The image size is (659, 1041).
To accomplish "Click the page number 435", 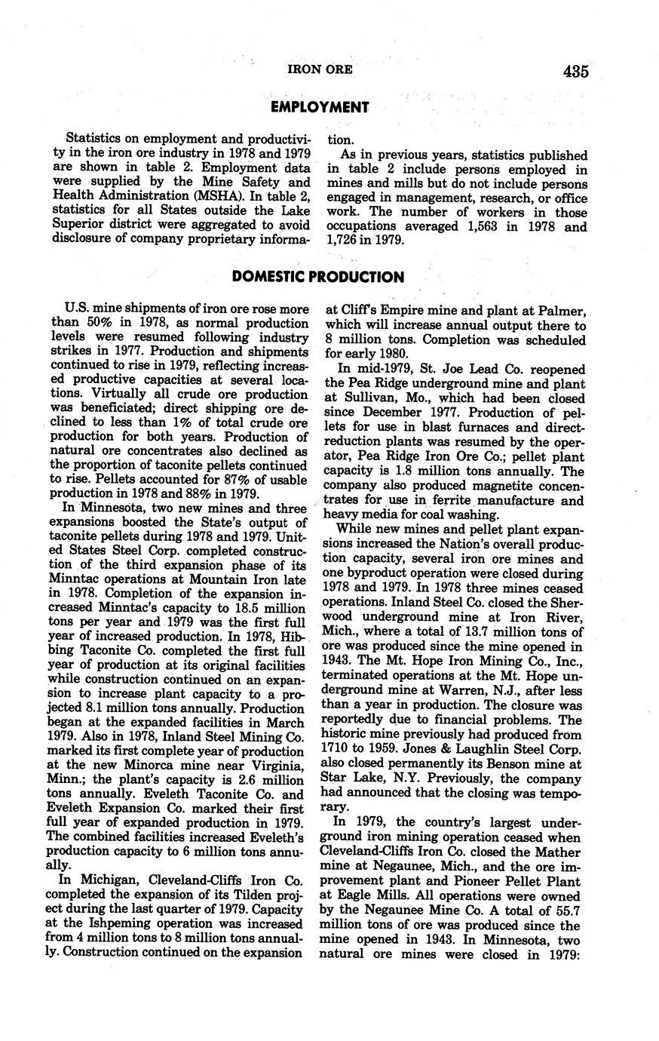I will tap(574, 72).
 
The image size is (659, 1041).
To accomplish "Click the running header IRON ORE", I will tap(320, 71).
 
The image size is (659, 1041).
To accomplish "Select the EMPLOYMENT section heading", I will tap(320, 107).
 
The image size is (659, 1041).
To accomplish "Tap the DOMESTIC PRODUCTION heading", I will tap(318, 277).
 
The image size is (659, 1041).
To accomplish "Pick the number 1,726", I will tap(344, 241).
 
